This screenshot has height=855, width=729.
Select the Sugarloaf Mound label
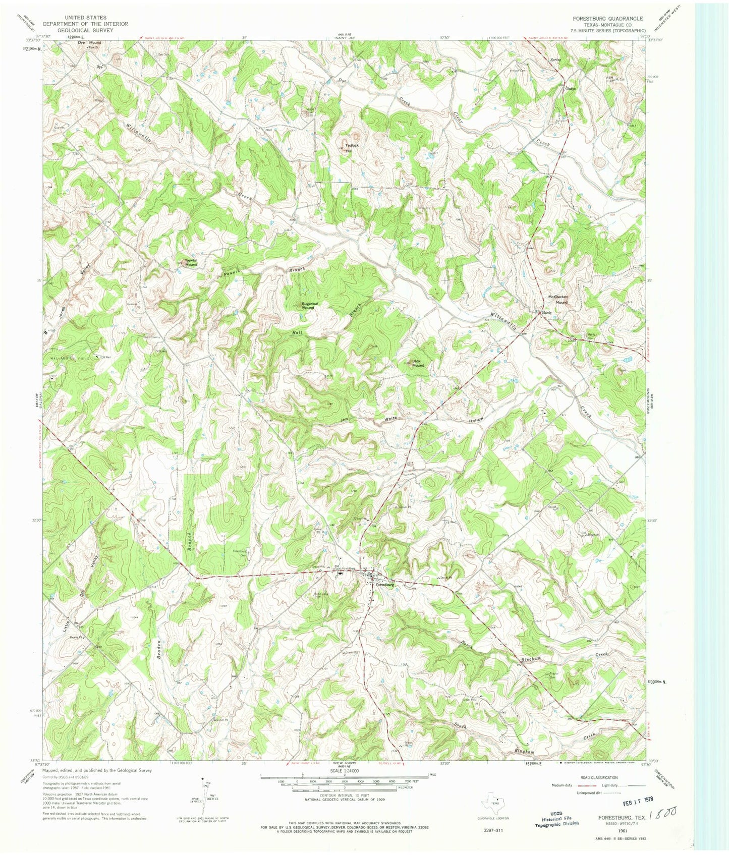click(x=308, y=306)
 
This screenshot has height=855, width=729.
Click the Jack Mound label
click(x=418, y=363)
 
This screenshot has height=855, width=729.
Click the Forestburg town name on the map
click(x=384, y=585)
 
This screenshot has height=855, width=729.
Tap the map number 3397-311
click(x=492, y=830)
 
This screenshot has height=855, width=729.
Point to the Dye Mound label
click(x=89, y=43)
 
